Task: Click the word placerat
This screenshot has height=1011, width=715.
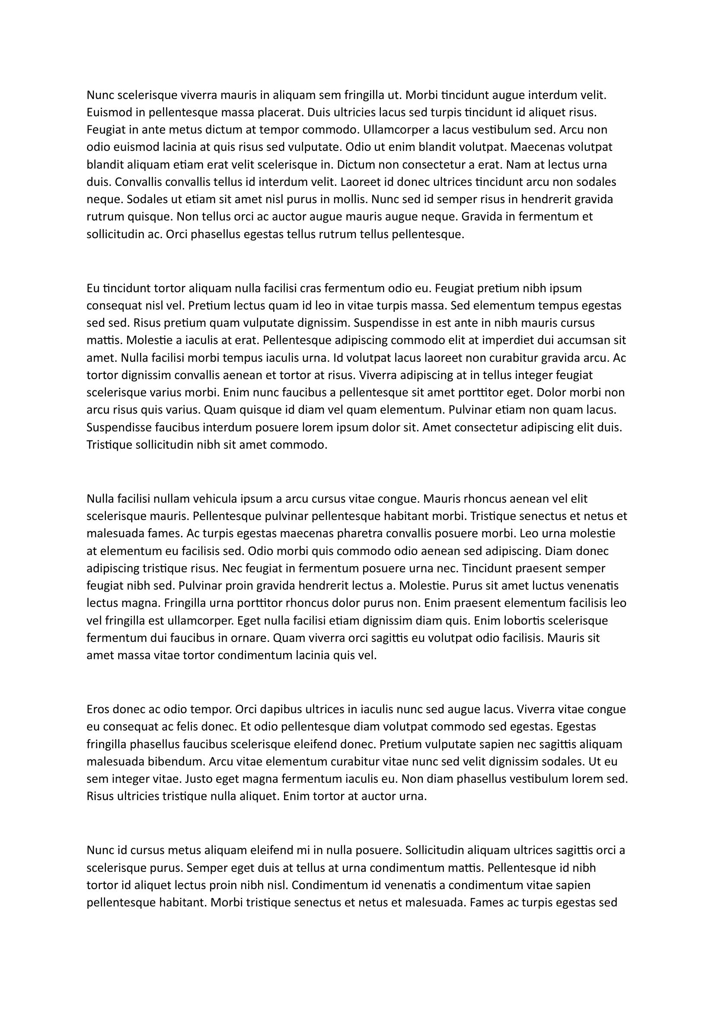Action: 280,112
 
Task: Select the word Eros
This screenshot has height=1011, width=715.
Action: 98,709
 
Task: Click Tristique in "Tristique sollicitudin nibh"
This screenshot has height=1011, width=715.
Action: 109,445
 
